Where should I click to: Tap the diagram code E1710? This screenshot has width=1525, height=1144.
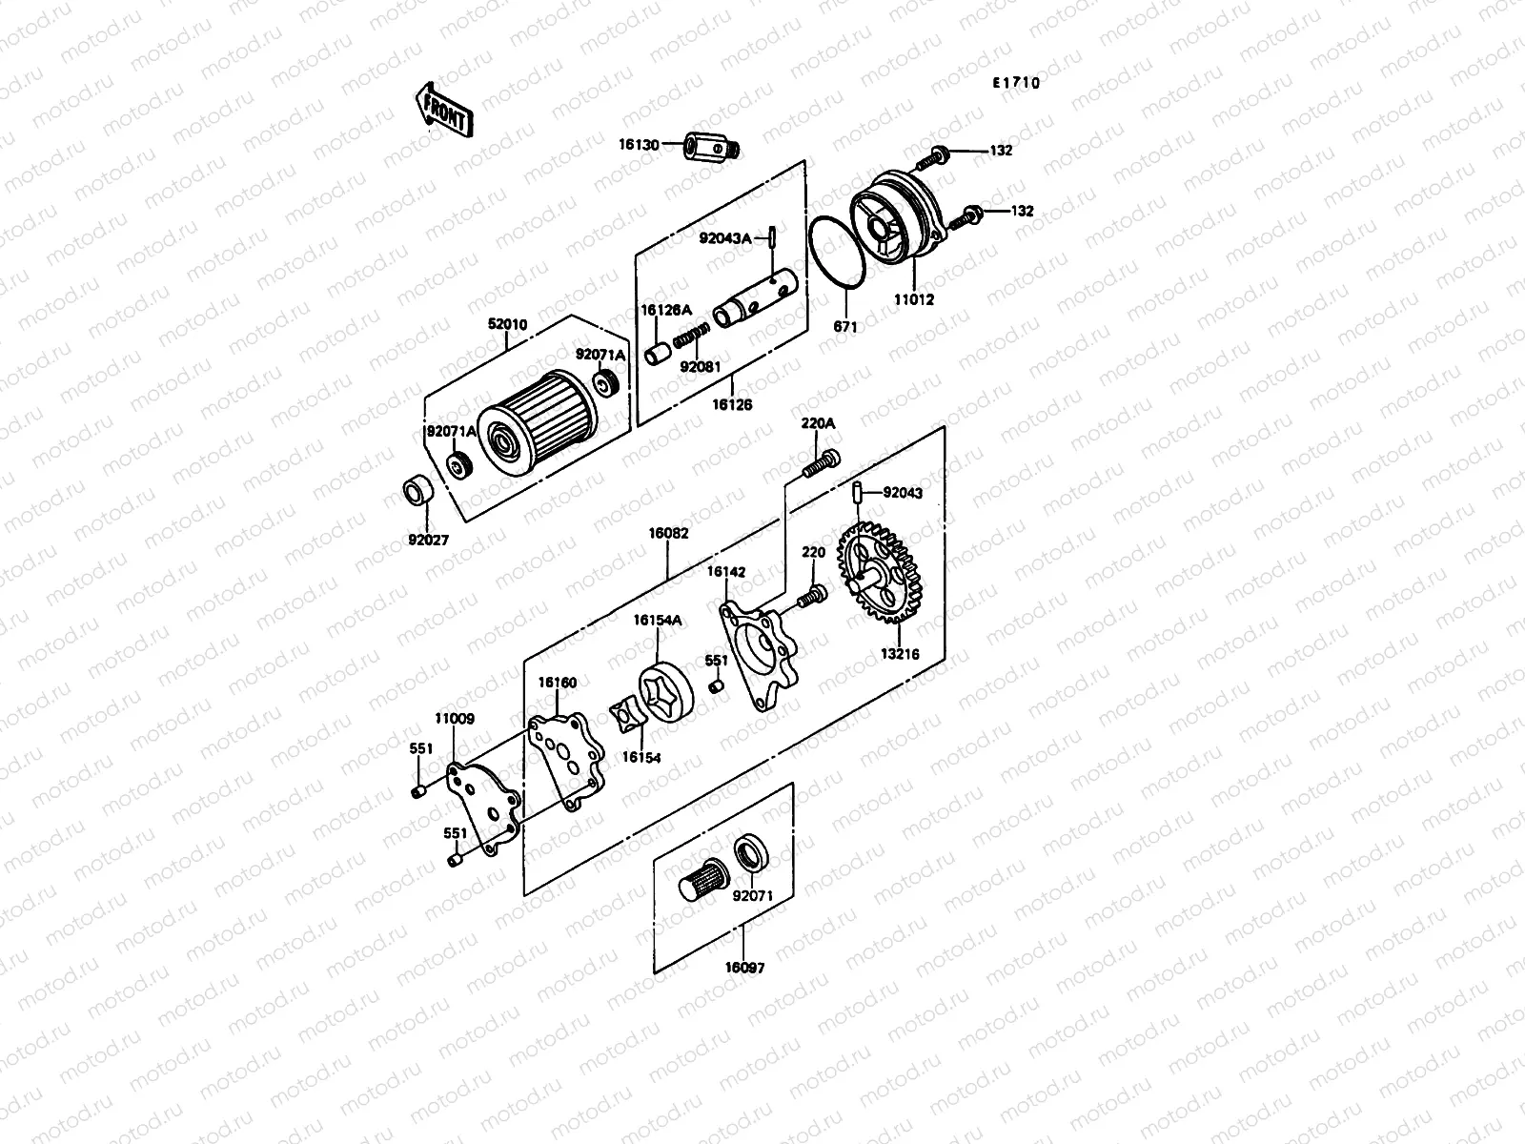click(1015, 83)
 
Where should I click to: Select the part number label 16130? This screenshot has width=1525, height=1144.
click(638, 145)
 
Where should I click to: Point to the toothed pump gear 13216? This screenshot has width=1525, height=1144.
click(883, 572)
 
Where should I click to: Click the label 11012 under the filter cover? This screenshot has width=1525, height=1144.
click(915, 298)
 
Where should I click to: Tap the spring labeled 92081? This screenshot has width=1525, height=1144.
click(692, 338)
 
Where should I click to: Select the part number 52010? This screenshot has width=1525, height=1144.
click(507, 324)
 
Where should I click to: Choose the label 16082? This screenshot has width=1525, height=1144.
click(668, 534)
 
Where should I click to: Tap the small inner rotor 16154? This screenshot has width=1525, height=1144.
click(630, 716)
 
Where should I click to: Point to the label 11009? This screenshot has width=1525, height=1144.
click(456, 719)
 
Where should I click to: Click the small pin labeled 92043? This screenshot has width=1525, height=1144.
click(858, 493)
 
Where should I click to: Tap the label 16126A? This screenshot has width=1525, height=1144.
click(665, 310)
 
